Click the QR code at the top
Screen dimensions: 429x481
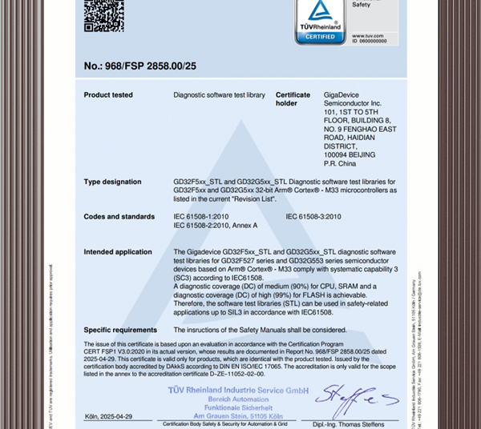(103, 15)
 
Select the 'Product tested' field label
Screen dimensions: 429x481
(108, 95)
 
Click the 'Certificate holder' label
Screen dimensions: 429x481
(292, 99)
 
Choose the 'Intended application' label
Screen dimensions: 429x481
(117, 252)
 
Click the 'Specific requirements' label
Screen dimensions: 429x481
(120, 330)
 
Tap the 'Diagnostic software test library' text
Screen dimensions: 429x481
(219, 95)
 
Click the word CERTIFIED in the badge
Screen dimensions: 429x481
(319, 36)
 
